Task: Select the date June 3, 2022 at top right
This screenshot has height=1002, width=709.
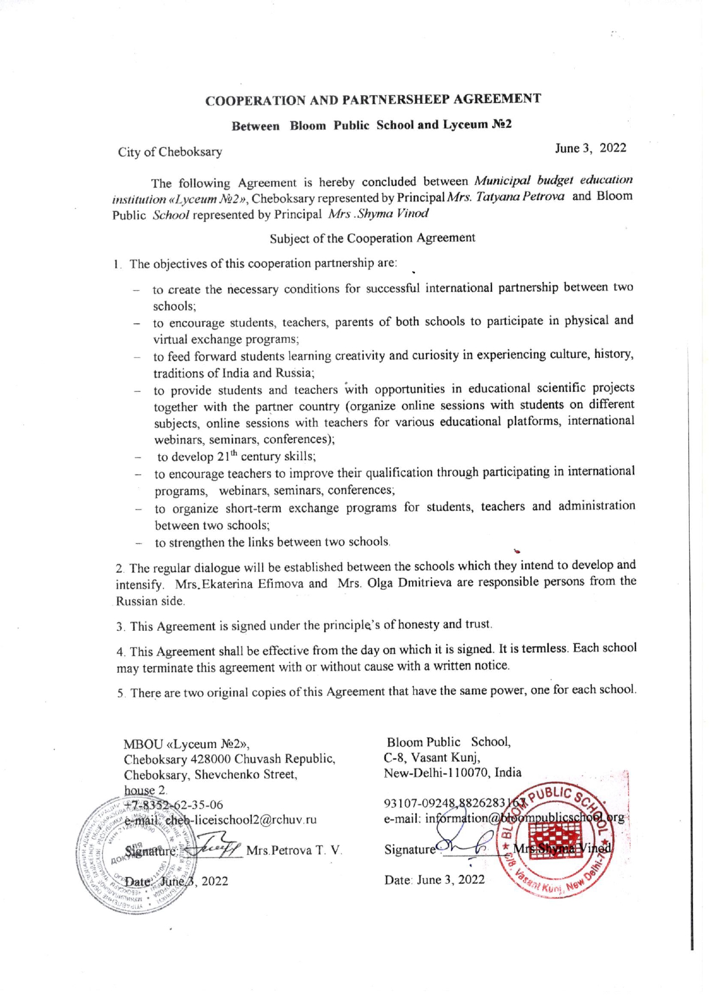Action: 590,148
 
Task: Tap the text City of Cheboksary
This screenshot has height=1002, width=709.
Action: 170,152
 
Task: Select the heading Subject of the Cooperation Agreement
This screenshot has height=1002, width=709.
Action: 372,238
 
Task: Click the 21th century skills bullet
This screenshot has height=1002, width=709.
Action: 236,456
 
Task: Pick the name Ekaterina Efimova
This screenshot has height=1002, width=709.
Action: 251,584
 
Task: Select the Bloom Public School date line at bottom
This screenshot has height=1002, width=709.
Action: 434,880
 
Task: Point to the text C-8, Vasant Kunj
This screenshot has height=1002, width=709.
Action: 432,757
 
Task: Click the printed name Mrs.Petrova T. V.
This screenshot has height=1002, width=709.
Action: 293,850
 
